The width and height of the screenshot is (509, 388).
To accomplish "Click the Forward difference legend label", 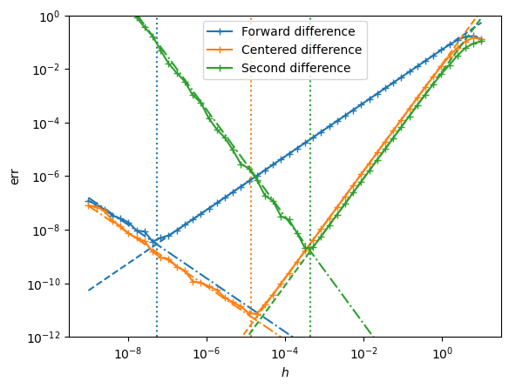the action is coord(298,31).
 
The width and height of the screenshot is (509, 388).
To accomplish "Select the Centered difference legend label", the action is coord(302,50).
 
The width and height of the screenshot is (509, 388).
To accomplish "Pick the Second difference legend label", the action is coord(295,68).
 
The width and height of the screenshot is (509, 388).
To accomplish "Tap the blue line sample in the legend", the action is coord(220,31).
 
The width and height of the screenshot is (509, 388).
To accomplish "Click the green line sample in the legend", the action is coord(220,68).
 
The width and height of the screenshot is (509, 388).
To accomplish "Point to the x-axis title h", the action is coord(285,372).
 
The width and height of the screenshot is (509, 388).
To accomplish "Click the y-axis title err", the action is coord(15,177).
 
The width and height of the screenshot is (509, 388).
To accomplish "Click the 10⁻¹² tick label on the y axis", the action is coord(44,338).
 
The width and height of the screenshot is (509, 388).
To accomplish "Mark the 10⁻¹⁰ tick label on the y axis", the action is coord(44,284).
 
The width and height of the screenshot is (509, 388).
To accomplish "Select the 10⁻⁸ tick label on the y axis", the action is coord(46,231).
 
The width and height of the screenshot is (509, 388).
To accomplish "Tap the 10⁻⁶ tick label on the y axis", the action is coord(46,177).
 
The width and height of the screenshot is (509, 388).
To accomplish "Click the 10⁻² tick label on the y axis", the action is coord(46,70).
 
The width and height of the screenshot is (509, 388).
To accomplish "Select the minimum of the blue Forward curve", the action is coord(153,242).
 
